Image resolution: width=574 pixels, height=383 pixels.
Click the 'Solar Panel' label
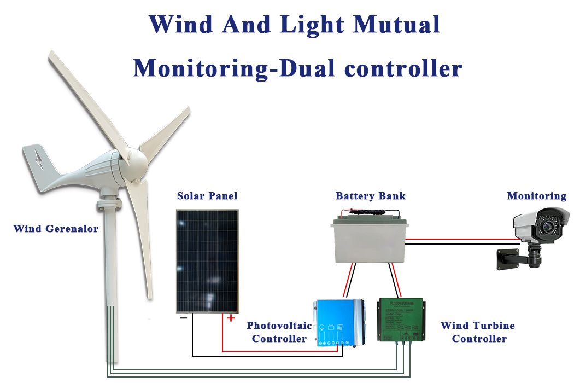pyautogui.click(x=207, y=196)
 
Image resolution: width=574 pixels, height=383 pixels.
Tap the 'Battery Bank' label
pyautogui.click(x=371, y=196)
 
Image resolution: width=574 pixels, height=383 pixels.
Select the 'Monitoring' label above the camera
pyautogui.click(x=536, y=196)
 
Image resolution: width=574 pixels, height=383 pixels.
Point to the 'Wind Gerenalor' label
pyautogui.click(x=56, y=229)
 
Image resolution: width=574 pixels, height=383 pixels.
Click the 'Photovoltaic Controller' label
pyautogui.click(x=279, y=332)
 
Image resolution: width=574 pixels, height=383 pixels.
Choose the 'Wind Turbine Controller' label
pyautogui.click(x=478, y=332)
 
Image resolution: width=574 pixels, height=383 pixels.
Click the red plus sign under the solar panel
pyautogui.click(x=231, y=318)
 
